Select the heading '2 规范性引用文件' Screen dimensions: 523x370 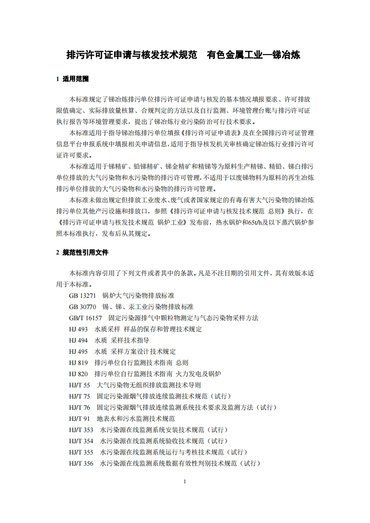click(82, 252)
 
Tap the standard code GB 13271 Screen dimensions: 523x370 click(82, 296)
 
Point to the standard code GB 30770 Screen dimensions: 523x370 click(82, 307)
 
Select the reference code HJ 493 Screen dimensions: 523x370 click(78, 329)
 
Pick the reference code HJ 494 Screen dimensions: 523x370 click(78, 340)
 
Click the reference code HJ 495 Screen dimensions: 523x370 click(78, 351)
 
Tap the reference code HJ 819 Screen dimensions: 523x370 click(78, 363)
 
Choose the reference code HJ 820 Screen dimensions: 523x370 click(78, 374)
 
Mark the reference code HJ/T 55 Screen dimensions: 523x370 click(79, 385)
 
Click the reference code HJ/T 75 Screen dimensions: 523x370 click(79, 396)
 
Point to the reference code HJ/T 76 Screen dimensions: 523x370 click(79, 407)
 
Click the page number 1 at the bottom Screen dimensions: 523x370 click(185, 482)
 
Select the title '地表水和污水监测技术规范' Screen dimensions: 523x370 click(136, 419)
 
